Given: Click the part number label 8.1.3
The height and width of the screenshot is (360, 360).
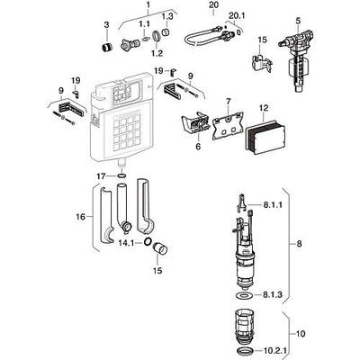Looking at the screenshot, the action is [x=273, y=294].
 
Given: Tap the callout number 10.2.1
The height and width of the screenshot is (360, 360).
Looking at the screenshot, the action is [x=275, y=350].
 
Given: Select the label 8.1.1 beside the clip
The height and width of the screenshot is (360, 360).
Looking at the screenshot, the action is [x=273, y=205].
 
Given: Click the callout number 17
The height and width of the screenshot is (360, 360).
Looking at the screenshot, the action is [x=102, y=176].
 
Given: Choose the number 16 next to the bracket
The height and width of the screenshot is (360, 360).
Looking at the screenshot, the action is [x=81, y=216].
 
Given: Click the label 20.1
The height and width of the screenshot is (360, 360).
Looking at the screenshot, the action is [x=237, y=15].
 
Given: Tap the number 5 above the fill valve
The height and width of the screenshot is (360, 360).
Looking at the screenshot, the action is [x=298, y=21].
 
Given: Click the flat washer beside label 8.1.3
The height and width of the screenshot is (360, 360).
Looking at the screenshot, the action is [x=245, y=295].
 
